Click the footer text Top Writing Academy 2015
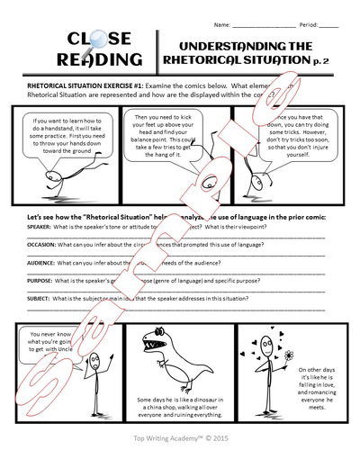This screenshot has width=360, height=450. coord(180,440)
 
